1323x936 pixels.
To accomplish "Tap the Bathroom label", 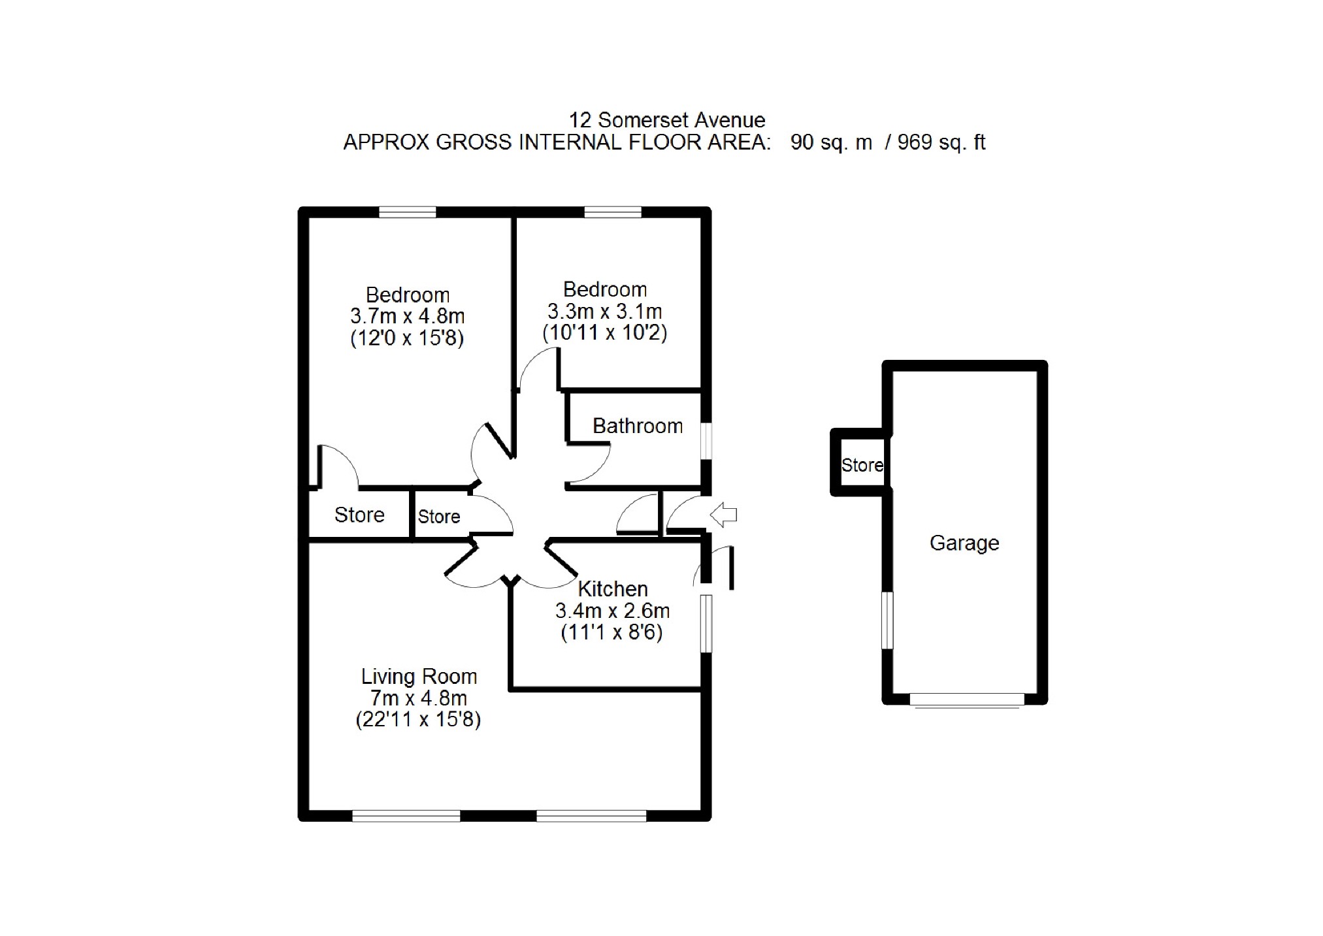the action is click(637, 426).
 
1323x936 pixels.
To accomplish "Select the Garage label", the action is click(964, 543).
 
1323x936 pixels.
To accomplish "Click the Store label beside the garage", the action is click(862, 465).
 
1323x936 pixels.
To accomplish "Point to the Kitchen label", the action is click(612, 589).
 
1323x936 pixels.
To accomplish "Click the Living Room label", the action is click(419, 676).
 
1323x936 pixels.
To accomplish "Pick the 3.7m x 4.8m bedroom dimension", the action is click(407, 317).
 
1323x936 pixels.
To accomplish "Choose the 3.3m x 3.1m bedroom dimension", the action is click(604, 312).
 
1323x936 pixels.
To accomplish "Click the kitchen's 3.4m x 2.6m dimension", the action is click(612, 611).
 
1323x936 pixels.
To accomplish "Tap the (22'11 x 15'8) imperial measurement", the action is click(418, 720).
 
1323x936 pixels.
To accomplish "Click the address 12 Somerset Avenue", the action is click(666, 120).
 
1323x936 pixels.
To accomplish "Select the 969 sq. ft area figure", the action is click(941, 142).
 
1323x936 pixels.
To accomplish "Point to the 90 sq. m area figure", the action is click(830, 142).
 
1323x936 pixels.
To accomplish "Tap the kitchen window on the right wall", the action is click(706, 623).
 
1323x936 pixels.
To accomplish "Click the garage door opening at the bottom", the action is click(967, 700).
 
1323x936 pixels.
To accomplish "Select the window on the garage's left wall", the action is click(887, 621).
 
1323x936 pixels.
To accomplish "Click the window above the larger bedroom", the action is click(407, 212).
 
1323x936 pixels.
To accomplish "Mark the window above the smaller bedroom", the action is click(612, 212).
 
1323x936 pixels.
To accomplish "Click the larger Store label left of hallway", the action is click(359, 515).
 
